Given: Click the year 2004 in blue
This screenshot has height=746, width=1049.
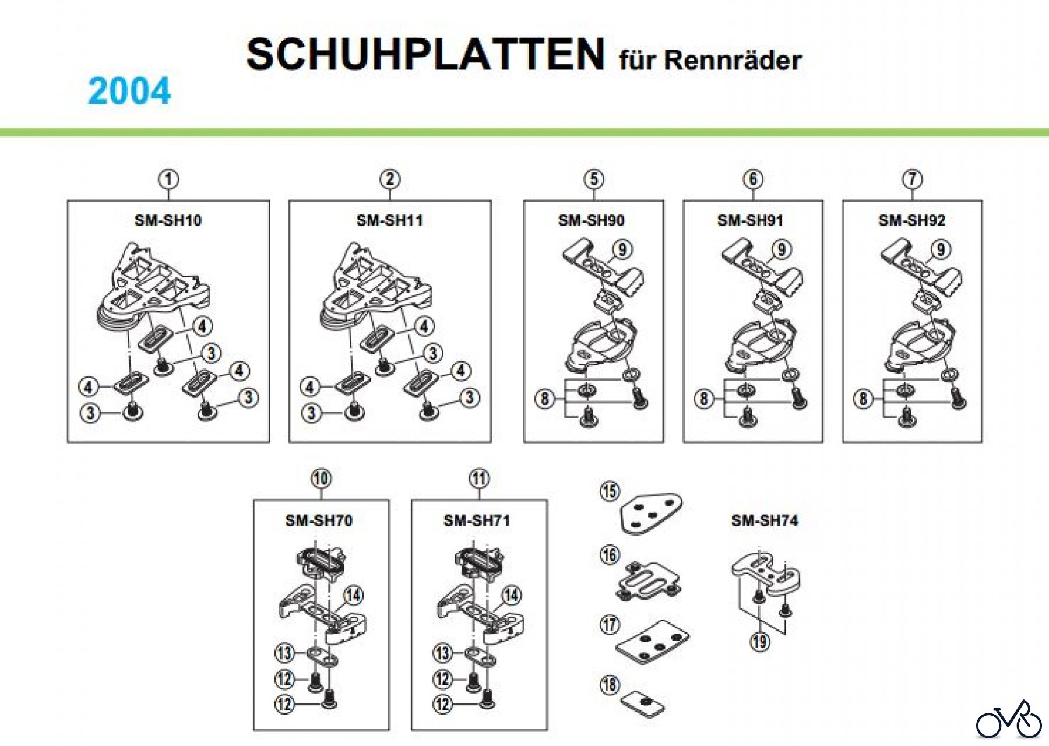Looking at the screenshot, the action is click(129, 91).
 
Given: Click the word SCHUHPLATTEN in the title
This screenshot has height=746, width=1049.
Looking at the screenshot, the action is click(425, 55).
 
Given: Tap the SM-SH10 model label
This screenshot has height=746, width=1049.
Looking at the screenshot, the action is click(168, 220).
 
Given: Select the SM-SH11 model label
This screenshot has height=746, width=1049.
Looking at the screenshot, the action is click(389, 220).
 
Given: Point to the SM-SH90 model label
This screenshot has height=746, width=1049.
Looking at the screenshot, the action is click(591, 220).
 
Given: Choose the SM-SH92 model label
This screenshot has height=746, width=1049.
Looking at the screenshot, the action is click(912, 220).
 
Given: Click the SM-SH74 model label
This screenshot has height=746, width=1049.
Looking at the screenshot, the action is click(765, 520).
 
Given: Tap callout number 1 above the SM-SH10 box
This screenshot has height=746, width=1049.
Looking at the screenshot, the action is click(168, 179).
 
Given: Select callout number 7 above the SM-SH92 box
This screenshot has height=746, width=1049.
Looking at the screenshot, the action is click(912, 179).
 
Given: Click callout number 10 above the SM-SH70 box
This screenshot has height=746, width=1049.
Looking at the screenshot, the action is click(321, 478).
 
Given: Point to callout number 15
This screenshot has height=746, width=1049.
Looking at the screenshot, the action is click(610, 491).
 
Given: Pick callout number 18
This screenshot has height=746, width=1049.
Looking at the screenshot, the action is click(610, 684).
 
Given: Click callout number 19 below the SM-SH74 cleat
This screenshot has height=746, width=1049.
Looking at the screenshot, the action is click(759, 642).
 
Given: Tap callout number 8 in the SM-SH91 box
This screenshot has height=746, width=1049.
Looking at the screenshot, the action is click(704, 399).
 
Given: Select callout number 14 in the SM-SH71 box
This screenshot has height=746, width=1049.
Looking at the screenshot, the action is click(511, 595).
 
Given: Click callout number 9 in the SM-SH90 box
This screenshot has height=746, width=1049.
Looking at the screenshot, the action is click(622, 249).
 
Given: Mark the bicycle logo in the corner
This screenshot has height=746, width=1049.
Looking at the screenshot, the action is click(1009, 720).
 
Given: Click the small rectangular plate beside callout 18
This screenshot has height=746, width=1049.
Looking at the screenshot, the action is click(642, 703).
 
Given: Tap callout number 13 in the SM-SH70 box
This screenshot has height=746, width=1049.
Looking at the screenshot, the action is click(284, 653).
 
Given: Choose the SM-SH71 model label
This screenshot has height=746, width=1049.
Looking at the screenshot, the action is click(477, 520).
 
